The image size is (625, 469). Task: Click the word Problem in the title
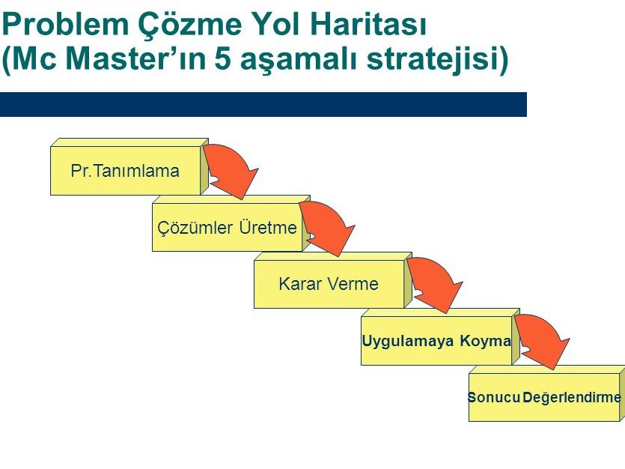65,24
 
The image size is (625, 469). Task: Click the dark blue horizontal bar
263,104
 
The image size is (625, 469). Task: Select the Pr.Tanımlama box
125,171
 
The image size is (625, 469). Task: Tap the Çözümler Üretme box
228,227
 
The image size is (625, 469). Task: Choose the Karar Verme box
329,284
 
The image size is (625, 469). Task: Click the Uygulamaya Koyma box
436,341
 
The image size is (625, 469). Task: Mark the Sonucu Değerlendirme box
544,397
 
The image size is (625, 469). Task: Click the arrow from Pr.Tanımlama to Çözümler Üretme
234,168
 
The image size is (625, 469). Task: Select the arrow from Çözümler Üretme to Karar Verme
331,225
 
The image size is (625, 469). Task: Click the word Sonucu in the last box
493,397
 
